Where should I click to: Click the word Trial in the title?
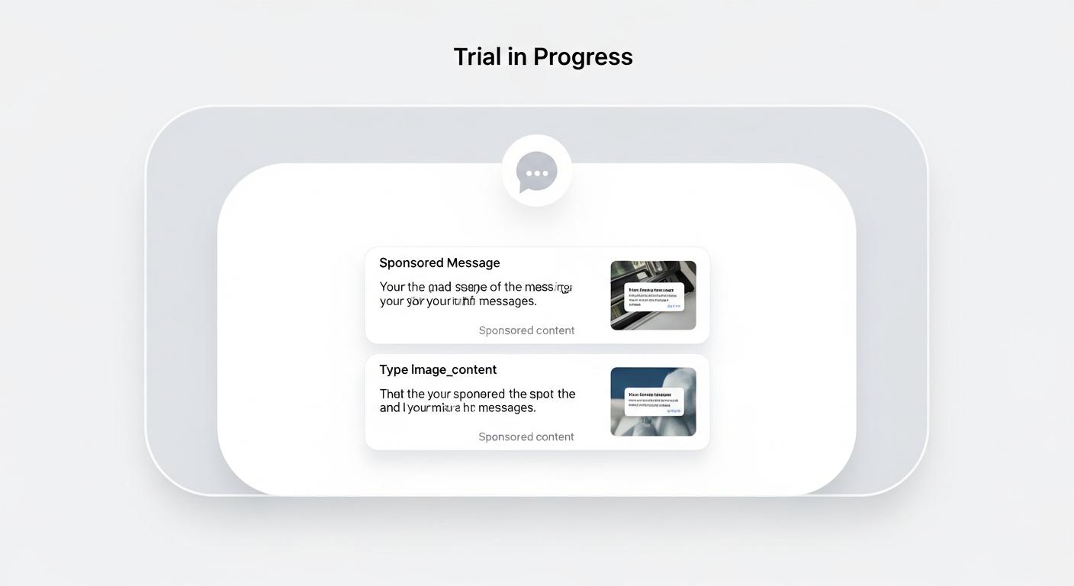pos(478,56)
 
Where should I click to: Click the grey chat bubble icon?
pos(537,171)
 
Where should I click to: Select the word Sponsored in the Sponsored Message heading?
pos(411,262)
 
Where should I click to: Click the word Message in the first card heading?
pos(473,262)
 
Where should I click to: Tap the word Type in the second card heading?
pos(394,369)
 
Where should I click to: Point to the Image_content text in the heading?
pos(454,369)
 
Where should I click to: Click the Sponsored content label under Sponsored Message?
pos(526,330)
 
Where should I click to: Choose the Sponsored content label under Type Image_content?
pos(526,436)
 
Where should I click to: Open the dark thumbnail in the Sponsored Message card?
pos(653,295)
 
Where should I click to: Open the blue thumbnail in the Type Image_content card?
pos(653,401)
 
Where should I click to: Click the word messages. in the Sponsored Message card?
pos(507,301)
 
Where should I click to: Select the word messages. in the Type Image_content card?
pos(507,407)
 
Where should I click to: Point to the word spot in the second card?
pos(542,394)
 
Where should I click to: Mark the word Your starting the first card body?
pos(392,287)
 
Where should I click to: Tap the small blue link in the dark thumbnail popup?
pos(674,305)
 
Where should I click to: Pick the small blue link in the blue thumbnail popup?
pos(674,411)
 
